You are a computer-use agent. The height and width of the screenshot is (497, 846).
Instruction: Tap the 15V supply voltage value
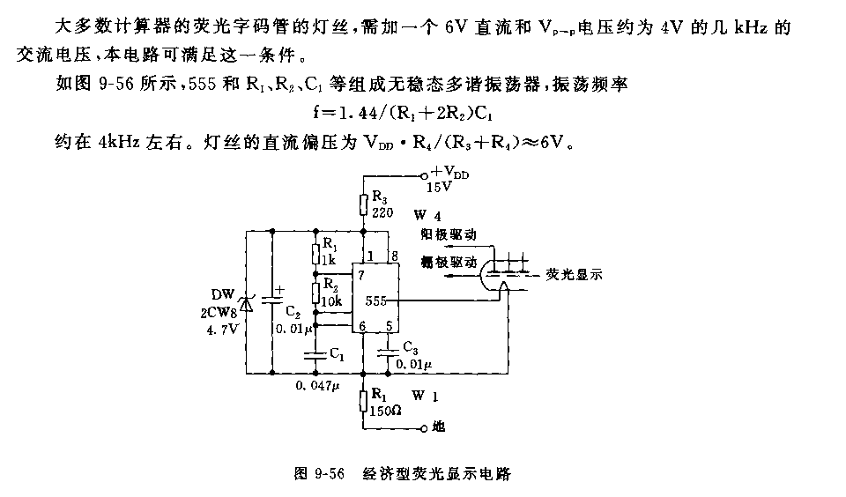(438, 187)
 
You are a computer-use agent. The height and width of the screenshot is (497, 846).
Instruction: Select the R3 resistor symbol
(363, 205)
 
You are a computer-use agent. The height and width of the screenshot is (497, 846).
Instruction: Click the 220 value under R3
(381, 212)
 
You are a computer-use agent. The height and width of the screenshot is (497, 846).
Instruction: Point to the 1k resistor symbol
(315, 255)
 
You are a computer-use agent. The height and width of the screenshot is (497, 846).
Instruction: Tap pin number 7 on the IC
(361, 275)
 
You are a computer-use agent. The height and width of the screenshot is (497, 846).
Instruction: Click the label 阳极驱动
(449, 235)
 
